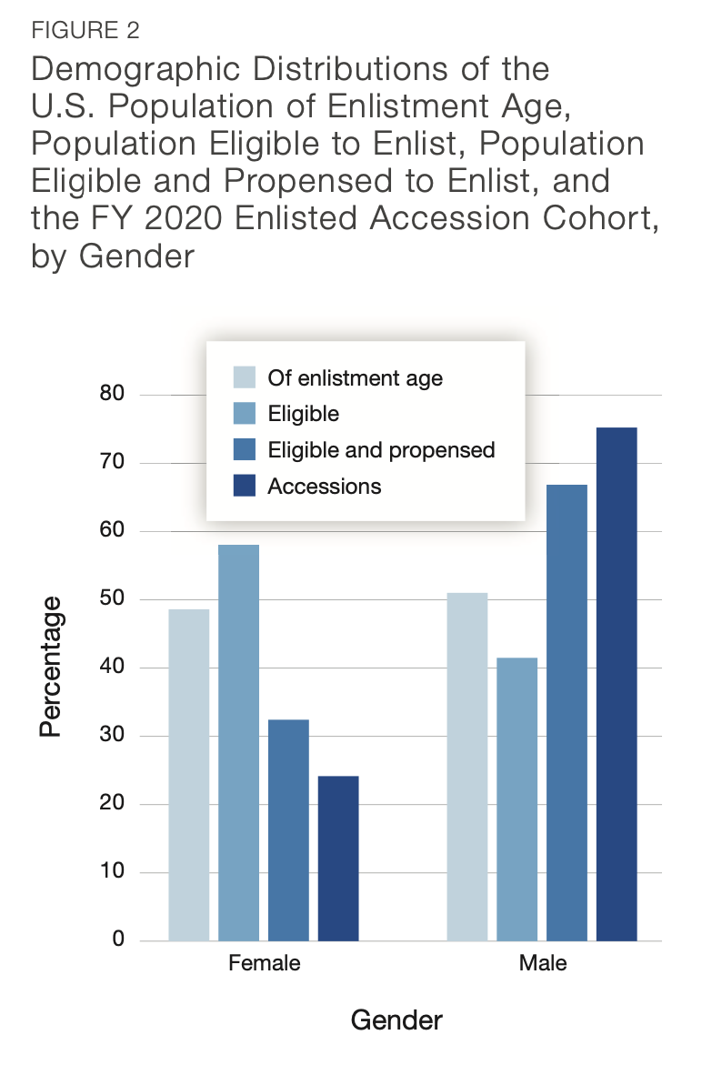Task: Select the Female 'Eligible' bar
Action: (238, 742)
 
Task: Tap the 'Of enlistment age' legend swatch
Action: (245, 377)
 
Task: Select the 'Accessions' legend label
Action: (324, 487)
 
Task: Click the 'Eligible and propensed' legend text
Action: (381, 450)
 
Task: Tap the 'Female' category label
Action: (263, 963)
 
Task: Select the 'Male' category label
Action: (542, 963)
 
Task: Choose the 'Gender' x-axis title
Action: (396, 1020)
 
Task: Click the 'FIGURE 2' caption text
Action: (85, 30)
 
